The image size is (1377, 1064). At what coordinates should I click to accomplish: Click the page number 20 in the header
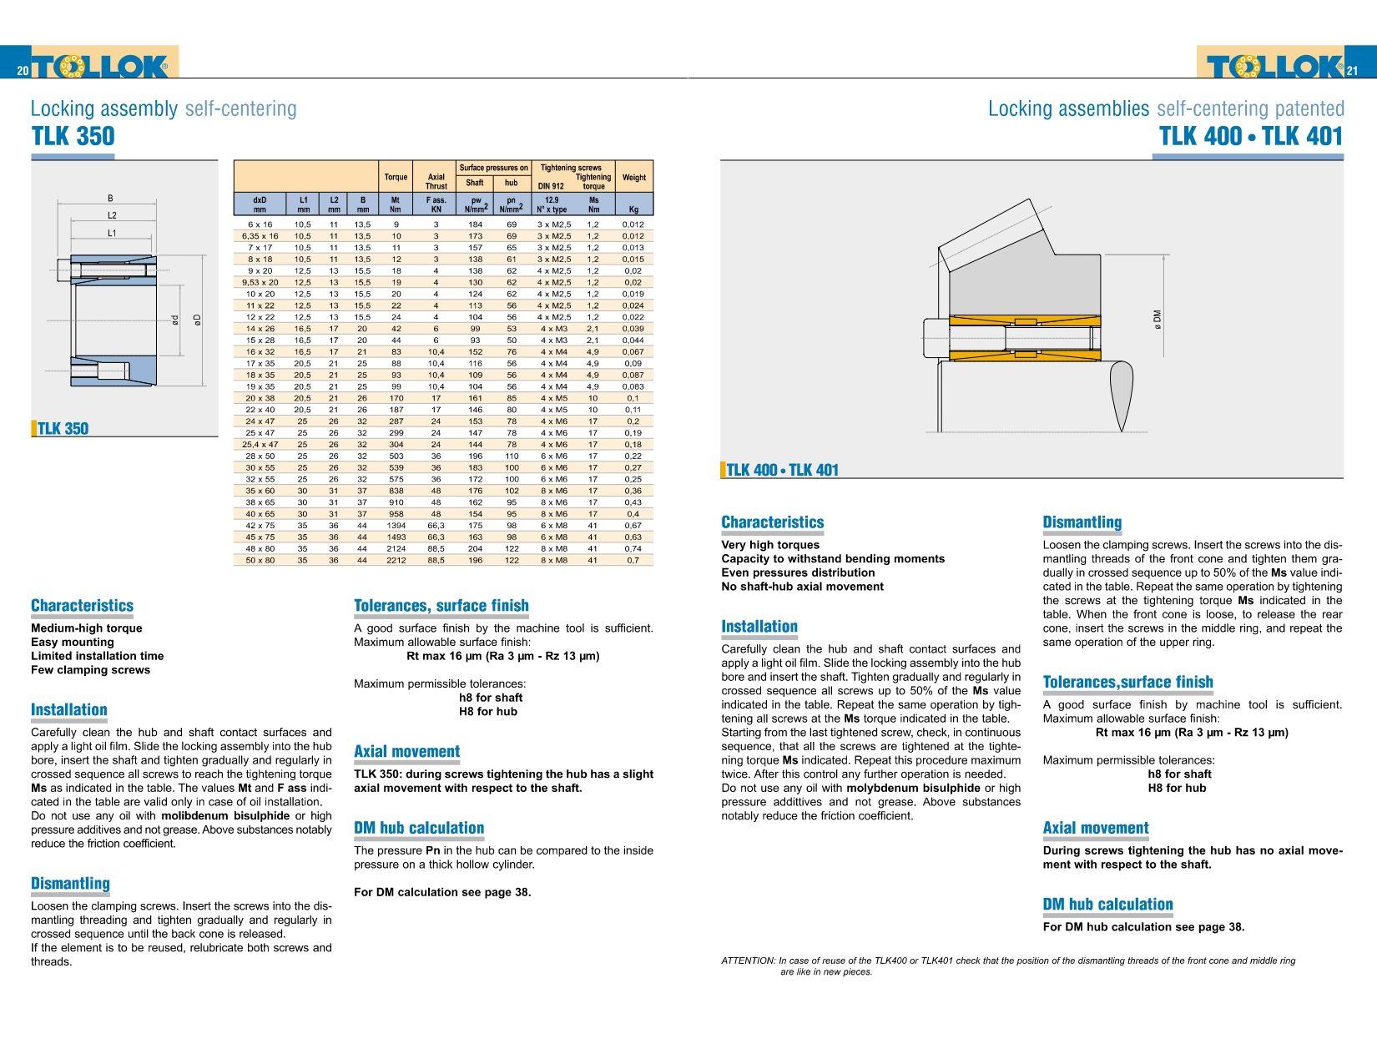tap(23, 71)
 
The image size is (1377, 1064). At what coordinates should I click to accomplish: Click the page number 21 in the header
tap(1352, 71)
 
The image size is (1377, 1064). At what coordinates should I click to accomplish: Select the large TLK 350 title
tap(73, 136)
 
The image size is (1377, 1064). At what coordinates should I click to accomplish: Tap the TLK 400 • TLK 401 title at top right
tap(1250, 136)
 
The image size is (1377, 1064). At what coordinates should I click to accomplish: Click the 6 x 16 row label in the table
tap(260, 224)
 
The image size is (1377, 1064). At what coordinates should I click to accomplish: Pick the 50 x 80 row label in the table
tap(260, 560)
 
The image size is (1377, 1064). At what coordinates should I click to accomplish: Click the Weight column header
tap(633, 177)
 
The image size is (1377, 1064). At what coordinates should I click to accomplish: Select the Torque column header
tap(396, 177)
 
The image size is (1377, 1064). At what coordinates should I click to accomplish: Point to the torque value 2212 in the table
tap(396, 560)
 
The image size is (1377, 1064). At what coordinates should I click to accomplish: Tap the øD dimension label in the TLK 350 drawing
tap(198, 320)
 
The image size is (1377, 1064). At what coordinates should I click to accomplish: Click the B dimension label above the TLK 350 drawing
tap(110, 199)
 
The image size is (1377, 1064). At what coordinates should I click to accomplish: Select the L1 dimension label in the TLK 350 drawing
tap(112, 234)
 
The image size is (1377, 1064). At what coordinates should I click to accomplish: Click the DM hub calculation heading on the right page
tap(1107, 905)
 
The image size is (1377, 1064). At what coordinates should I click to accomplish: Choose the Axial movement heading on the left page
tap(406, 752)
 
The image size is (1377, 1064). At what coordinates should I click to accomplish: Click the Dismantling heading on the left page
tap(70, 884)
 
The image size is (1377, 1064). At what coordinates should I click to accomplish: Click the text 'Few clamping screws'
tap(90, 670)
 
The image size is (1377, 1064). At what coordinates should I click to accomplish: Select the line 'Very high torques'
tap(770, 545)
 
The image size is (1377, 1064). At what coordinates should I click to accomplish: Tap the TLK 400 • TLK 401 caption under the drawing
tap(782, 470)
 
